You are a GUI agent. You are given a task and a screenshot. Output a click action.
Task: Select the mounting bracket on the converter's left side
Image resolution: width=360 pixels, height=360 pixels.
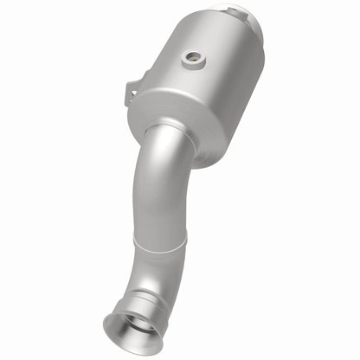pos(134,92)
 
